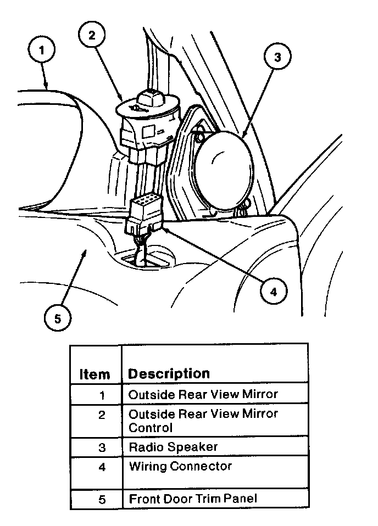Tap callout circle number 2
tap(92, 35)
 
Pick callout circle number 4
tap(273, 292)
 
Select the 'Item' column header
tap(94, 374)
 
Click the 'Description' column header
tap(169, 373)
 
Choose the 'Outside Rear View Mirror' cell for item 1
tap(203, 394)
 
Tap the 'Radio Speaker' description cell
tap(173, 446)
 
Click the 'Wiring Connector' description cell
tap(180, 466)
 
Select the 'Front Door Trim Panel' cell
tap(193, 499)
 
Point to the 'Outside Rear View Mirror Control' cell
tap(203, 420)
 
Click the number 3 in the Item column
tap(102, 447)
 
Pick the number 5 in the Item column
tap(102, 500)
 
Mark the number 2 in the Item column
tap(102, 415)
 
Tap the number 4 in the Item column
tap(102, 467)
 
